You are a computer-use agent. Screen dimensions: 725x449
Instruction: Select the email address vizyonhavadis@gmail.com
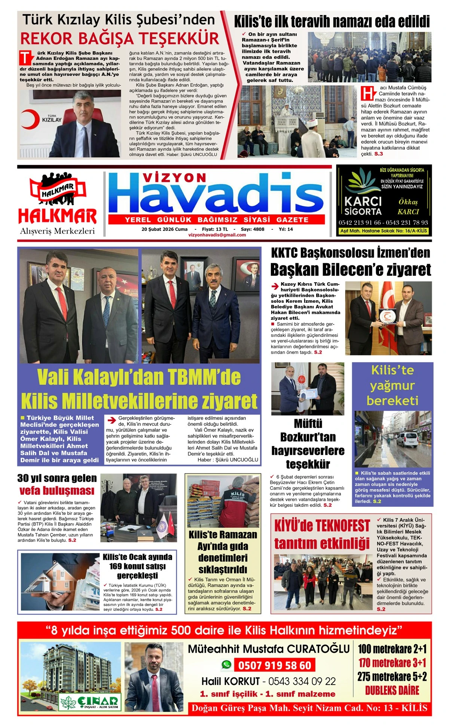pyautogui.click(x=217, y=235)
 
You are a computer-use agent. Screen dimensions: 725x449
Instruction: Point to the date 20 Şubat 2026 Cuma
pyautogui.click(x=165, y=229)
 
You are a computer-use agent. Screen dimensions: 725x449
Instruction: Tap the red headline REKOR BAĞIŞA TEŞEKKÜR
pyautogui.click(x=120, y=39)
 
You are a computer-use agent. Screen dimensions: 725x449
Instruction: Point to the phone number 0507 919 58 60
pyautogui.click(x=275, y=665)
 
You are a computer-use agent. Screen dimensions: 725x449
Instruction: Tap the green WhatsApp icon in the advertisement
pyautogui.click(x=226, y=664)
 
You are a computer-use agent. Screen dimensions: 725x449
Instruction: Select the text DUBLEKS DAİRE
pyautogui.click(x=392, y=691)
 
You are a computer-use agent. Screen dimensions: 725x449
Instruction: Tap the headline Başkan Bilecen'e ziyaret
pyautogui.click(x=351, y=269)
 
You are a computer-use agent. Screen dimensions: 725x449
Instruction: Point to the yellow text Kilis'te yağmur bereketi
pyautogui.click(x=392, y=385)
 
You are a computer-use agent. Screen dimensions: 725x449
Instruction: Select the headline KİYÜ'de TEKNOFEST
pyautogui.click(x=322, y=526)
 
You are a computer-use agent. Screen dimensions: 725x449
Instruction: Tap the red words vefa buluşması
pyautogui.click(x=57, y=490)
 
